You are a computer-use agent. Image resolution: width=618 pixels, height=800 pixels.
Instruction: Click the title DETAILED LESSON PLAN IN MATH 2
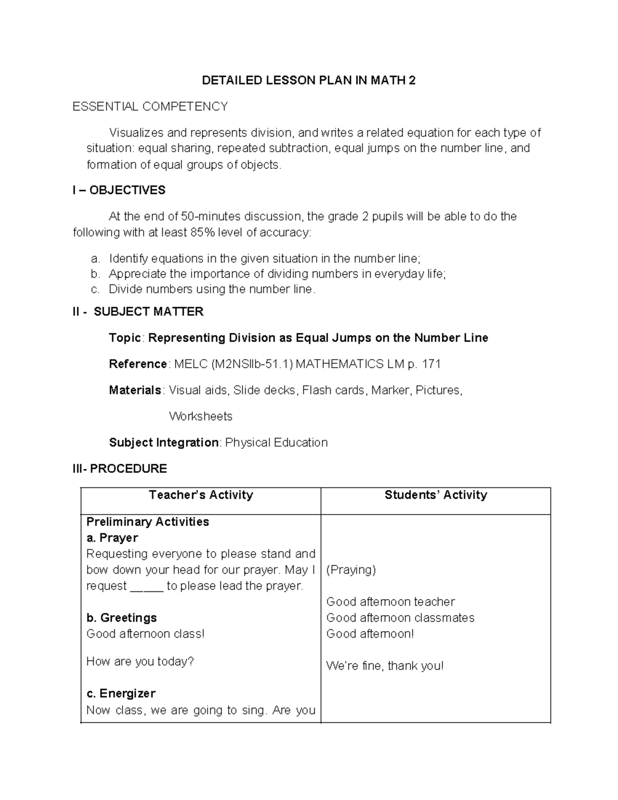[308, 80]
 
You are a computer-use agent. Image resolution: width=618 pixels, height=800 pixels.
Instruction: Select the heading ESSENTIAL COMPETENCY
[150, 107]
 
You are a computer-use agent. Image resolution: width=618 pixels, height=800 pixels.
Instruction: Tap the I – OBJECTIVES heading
[119, 191]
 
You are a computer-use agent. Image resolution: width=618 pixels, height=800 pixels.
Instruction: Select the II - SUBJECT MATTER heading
[138, 312]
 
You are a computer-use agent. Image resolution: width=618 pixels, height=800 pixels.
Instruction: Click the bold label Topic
[125, 338]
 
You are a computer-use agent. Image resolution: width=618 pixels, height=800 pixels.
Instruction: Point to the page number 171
[431, 364]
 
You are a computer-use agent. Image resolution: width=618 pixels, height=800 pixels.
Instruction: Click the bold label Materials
[135, 390]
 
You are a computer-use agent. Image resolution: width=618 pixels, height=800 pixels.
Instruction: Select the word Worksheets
[200, 416]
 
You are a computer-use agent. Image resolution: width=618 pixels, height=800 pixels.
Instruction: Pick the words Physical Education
[276, 442]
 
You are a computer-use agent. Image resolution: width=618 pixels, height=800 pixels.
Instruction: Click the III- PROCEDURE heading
[119, 469]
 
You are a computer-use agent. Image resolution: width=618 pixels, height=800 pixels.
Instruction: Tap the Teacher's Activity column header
[201, 495]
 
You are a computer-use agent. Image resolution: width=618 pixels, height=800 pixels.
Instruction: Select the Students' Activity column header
[436, 495]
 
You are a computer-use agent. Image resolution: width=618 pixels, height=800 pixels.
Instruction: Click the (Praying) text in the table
[351, 570]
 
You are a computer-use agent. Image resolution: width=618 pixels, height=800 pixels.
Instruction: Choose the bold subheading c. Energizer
[121, 693]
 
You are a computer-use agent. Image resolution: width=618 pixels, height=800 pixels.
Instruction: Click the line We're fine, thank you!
[385, 666]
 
